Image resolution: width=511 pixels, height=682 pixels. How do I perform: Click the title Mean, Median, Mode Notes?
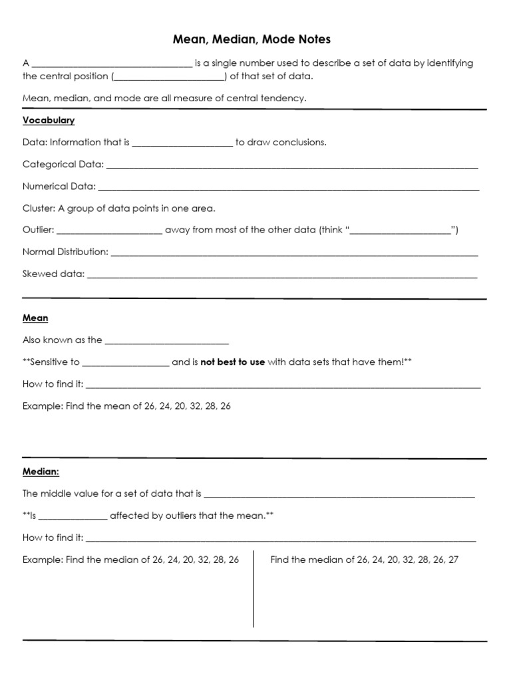pyautogui.click(x=255, y=40)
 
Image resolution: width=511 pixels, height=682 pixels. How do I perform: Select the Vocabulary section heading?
pyautogui.click(x=49, y=121)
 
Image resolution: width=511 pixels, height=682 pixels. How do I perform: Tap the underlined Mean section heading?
pyautogui.click(x=35, y=318)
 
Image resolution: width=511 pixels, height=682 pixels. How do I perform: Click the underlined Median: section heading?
pyautogui.click(x=41, y=472)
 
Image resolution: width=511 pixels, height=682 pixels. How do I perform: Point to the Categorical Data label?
pyautogui.click(x=63, y=164)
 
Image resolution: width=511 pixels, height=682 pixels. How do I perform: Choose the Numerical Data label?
pyautogui.click(x=59, y=186)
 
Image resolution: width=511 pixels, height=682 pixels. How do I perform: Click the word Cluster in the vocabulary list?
pyautogui.click(x=38, y=208)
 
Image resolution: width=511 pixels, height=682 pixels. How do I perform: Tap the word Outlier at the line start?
pyautogui.click(x=38, y=230)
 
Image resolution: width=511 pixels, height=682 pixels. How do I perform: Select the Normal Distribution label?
pyautogui.click(x=65, y=252)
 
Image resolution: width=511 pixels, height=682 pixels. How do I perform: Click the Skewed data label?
pyautogui.click(x=53, y=274)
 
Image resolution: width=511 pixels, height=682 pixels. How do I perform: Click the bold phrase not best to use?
pyautogui.click(x=232, y=362)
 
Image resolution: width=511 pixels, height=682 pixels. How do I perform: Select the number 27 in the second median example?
pyautogui.click(x=453, y=559)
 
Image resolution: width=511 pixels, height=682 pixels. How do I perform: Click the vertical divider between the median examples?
pyautogui.click(x=254, y=589)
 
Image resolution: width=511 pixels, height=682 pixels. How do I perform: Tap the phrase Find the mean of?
pyautogui.click(x=102, y=406)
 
